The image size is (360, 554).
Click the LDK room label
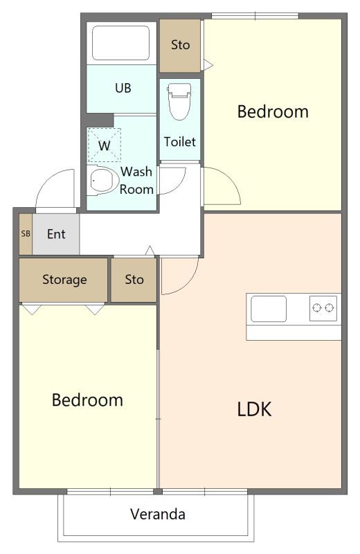(x=254, y=409)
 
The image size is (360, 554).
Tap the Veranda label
(x=158, y=514)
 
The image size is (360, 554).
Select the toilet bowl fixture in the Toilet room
(x=179, y=101)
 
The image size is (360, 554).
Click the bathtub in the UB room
(x=120, y=43)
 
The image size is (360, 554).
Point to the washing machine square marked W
(x=105, y=145)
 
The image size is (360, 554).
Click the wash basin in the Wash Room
(x=102, y=180)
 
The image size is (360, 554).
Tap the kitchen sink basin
(x=269, y=309)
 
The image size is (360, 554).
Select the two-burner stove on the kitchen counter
(x=323, y=308)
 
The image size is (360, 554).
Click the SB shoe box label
(x=26, y=233)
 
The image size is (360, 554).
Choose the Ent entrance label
(x=56, y=234)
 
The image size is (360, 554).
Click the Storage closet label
(x=64, y=280)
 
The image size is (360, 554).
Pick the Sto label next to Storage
(x=134, y=280)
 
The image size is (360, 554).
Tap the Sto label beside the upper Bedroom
(x=180, y=45)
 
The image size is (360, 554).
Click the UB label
(x=123, y=88)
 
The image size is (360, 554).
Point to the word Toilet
(x=179, y=142)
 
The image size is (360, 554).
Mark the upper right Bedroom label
(x=273, y=111)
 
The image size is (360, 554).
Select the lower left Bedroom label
(x=87, y=400)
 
